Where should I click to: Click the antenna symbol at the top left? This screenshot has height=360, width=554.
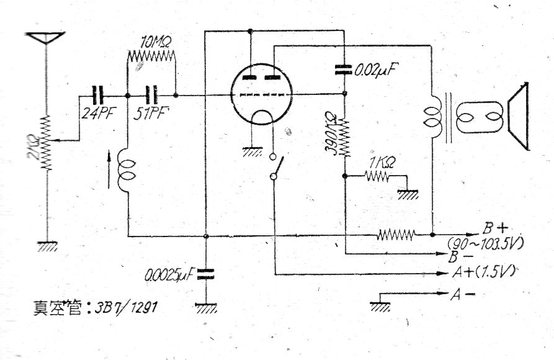click(x=47, y=37)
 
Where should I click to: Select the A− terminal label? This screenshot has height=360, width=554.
click(x=458, y=294)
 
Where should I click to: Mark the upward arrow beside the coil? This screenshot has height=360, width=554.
click(x=110, y=171)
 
